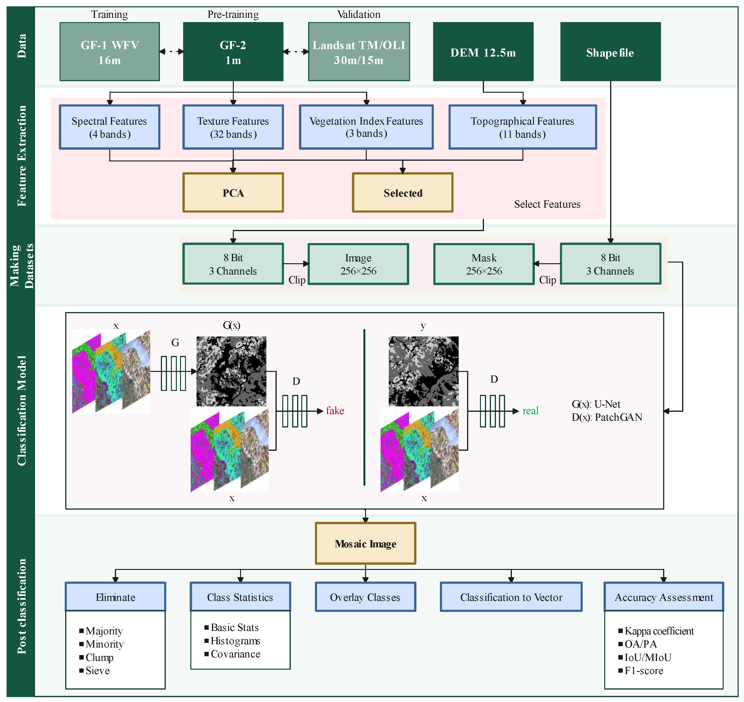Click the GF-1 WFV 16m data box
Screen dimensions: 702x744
pos(110,52)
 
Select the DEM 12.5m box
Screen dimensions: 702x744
pos(483,52)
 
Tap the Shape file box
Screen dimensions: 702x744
pos(610,52)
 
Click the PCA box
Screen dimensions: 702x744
pos(233,193)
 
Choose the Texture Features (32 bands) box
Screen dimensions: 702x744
pos(233,127)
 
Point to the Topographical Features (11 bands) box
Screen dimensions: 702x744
pos(522,127)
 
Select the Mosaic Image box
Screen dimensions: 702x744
pos(365,543)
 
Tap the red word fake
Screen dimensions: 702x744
pos(335,411)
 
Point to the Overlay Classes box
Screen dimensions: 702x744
pos(365,597)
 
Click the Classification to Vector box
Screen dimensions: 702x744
pos(511,597)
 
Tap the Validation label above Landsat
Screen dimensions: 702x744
pos(359,14)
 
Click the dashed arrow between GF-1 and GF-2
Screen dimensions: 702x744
pos(171,52)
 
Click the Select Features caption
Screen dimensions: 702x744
pos(547,204)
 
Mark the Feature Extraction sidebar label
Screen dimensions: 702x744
pos(22,155)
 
